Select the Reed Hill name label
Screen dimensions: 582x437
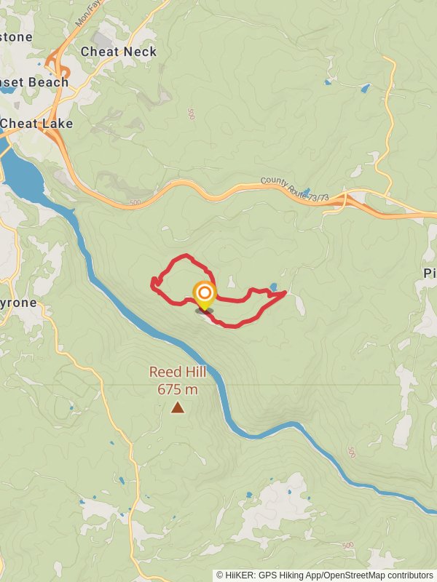coord(178,372)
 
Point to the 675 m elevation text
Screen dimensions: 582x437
coord(178,389)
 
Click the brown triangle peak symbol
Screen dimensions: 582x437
coord(178,407)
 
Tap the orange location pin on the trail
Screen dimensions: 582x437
coord(205,295)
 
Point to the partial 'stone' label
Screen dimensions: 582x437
coord(16,36)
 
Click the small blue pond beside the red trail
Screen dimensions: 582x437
coord(273,287)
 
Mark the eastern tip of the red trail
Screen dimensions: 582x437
coord(285,292)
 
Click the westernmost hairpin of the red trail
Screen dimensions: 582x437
coord(152,284)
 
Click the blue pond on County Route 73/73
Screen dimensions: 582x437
coord(306,192)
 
